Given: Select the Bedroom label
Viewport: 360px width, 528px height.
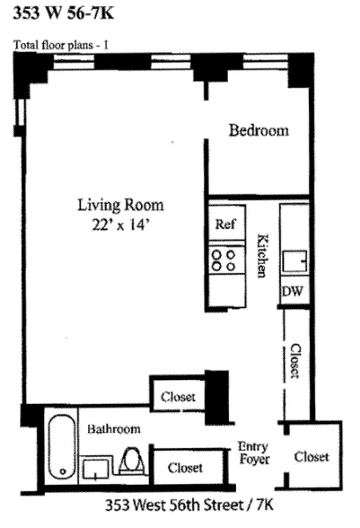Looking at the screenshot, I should [259, 130].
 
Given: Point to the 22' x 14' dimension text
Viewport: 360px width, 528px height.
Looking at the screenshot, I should [121, 225].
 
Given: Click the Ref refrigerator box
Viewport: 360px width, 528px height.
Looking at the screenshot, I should [224, 224].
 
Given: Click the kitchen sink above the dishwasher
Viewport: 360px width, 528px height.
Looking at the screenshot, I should [294, 260].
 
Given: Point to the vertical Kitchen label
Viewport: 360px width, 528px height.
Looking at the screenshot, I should [261, 256].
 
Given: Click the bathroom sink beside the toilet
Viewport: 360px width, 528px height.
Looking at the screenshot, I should [96, 468].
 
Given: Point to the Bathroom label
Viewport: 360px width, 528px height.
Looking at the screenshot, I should [114, 429].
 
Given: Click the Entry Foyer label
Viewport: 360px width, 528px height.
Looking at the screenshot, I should [253, 452].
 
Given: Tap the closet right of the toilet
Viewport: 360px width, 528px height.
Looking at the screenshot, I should [185, 467].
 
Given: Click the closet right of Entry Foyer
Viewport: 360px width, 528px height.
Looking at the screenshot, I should [311, 457].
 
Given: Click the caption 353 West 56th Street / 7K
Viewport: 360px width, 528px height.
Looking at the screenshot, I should [181, 506].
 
